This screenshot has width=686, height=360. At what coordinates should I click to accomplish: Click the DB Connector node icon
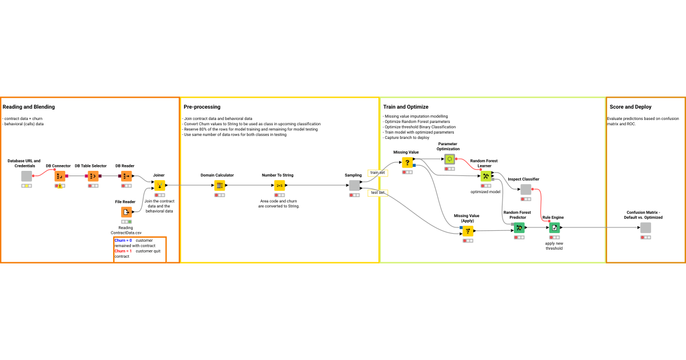pos(60,176)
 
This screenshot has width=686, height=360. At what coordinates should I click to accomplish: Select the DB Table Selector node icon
pos(93,176)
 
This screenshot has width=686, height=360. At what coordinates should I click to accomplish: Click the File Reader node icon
pos(126,212)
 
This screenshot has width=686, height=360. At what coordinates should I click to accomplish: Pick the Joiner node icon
pos(159,185)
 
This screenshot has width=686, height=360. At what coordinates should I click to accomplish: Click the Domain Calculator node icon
pos(220,185)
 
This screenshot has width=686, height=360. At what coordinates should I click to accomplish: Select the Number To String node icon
pos(280,185)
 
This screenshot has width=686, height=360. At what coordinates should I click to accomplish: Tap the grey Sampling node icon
pos(354,185)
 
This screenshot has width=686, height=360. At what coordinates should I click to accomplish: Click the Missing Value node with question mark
pos(407,162)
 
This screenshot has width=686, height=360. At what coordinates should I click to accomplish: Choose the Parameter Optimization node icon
pos(450,159)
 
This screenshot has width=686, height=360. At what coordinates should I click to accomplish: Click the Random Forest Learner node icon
pos(485,176)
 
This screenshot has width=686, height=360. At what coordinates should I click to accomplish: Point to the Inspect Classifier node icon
pos(525,189)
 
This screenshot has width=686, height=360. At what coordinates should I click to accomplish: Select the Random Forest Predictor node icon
pos(519,227)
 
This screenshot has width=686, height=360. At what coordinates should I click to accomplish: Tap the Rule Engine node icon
pos(555,227)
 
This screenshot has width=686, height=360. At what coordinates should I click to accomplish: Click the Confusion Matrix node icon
pos(645,227)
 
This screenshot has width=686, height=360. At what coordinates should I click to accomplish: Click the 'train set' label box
pos(378,172)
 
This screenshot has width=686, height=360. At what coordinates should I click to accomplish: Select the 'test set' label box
pos(378,193)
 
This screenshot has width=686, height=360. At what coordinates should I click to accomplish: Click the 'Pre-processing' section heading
pos(202,107)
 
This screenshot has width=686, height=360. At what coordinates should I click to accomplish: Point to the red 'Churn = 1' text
pos(123,251)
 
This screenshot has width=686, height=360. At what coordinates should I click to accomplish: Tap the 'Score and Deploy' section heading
pos(631,107)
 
